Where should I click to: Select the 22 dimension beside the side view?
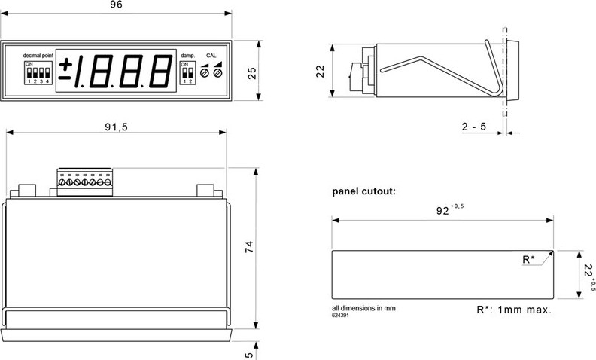pyautogui.click(x=319, y=71)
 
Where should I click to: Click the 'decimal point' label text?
pyautogui.click(x=38, y=56)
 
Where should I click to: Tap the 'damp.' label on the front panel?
pyautogui.click(x=187, y=56)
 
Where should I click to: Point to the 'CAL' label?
pyautogui.click(x=211, y=56)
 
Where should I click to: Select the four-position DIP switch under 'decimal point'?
pyautogui.click(x=38, y=73)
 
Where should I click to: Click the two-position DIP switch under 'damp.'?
pyautogui.click(x=185, y=72)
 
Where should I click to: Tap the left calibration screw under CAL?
pyautogui.click(x=205, y=72)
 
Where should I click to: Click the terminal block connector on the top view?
pyautogui.click(x=84, y=181)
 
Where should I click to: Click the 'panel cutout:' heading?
pyautogui.click(x=363, y=191)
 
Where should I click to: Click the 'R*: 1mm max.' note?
pyautogui.click(x=514, y=310)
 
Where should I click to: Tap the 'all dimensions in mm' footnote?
pyautogui.click(x=363, y=308)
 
